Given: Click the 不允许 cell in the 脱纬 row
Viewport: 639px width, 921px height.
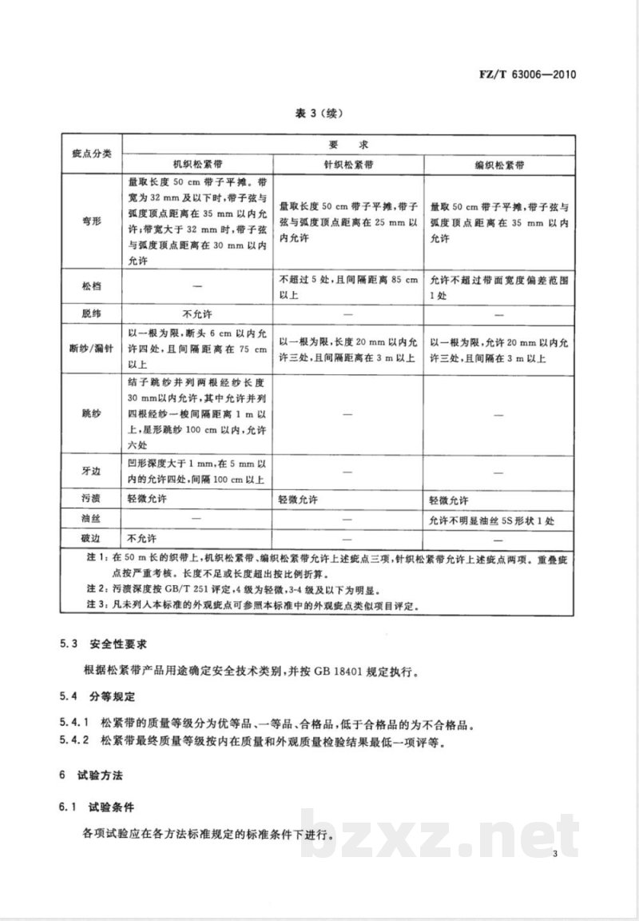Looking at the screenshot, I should [x=197, y=313].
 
